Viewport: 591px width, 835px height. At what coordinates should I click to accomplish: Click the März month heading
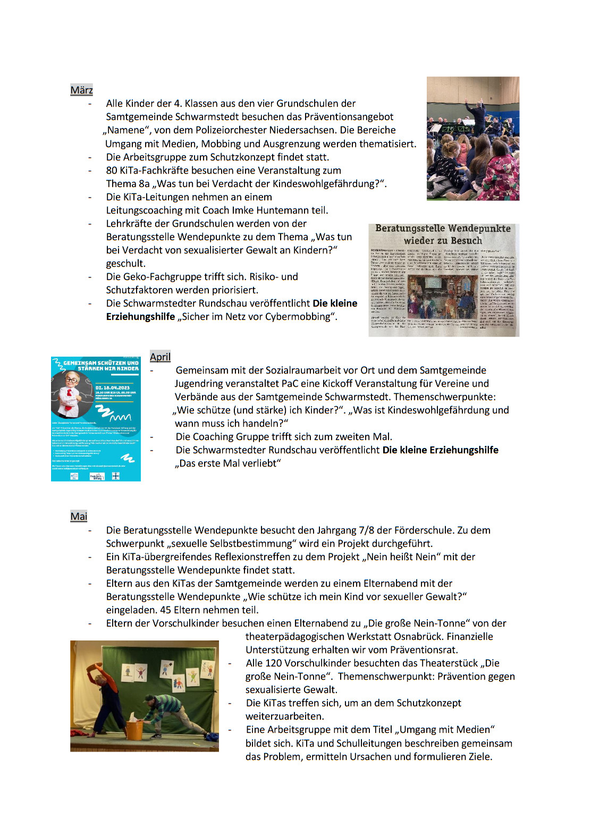[81, 90]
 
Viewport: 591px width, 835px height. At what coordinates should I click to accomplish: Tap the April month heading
[160, 357]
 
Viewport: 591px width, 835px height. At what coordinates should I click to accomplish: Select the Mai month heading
[79, 516]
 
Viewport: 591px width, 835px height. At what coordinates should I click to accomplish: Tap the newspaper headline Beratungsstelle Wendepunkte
[443, 229]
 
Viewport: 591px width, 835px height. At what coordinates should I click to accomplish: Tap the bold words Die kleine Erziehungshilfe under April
[440, 450]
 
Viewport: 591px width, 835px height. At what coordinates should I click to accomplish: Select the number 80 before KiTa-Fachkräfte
[112, 170]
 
